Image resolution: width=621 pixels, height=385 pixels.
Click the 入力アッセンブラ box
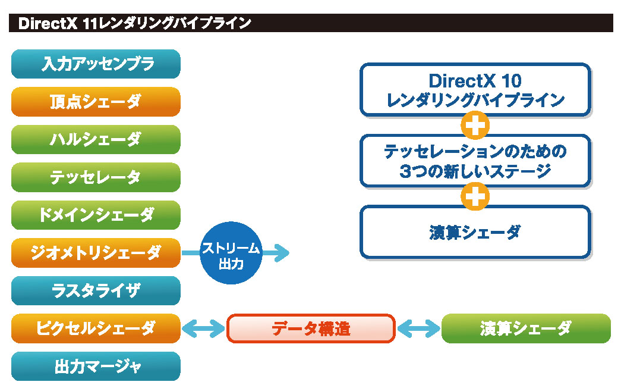pos(96,64)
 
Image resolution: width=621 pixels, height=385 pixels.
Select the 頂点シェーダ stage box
pos(96,102)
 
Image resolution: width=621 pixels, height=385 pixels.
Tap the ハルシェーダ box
pos(96,140)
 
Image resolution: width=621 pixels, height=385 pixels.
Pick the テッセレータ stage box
pos(96,177)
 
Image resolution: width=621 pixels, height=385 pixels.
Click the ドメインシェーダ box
pos(96,215)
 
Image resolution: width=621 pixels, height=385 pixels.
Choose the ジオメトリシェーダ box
pos(96,253)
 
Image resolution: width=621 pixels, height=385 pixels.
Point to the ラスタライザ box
pos(96,291)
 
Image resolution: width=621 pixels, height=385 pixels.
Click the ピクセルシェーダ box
pos(96,328)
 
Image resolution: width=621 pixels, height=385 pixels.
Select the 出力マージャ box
pos(96,367)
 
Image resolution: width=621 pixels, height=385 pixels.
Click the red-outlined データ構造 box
pos(311,328)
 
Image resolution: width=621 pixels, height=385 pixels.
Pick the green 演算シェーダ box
pos(526,328)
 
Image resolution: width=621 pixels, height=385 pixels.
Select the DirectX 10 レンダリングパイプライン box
pos(475,89)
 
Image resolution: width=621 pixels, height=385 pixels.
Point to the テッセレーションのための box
pos(475,161)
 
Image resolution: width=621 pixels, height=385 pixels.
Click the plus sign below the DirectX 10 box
pos(475,125)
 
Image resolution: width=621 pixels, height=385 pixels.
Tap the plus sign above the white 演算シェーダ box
pos(475,196)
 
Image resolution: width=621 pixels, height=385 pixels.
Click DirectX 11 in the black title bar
pos(56,23)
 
